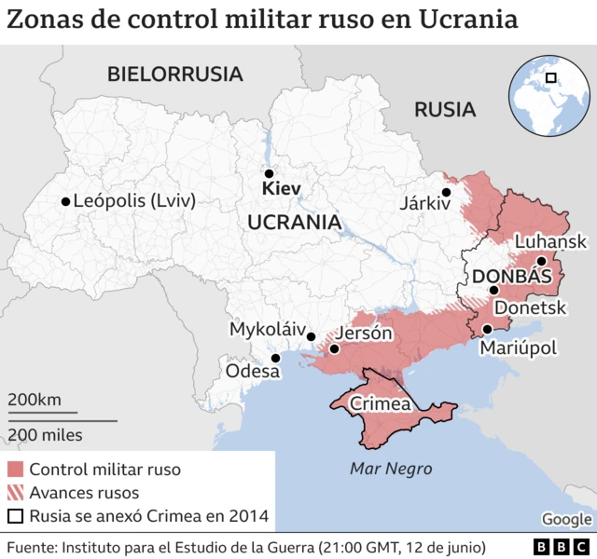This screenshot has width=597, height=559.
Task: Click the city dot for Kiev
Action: pyautogui.click(x=269, y=173)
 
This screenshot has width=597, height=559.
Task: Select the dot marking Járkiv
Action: pyautogui.click(x=447, y=192)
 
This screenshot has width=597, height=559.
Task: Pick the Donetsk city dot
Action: pyautogui.click(x=494, y=291)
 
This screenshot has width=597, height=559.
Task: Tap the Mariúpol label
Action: pyautogui.click(x=518, y=348)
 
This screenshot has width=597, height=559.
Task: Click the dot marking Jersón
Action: pyautogui.click(x=334, y=349)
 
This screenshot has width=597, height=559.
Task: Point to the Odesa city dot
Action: pyautogui.click(x=275, y=358)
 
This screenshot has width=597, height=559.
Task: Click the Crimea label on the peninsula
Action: pyautogui.click(x=381, y=404)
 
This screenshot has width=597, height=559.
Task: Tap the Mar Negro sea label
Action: pyautogui.click(x=391, y=469)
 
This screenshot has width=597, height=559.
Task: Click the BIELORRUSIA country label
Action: pyautogui.click(x=174, y=74)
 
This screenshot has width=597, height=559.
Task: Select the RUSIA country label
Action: pyautogui.click(x=445, y=109)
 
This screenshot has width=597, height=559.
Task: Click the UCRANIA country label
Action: pyautogui.click(x=293, y=222)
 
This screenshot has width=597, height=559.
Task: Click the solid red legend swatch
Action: pyautogui.click(x=15, y=470)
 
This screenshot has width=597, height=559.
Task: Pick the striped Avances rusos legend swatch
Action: pyautogui.click(x=15, y=493)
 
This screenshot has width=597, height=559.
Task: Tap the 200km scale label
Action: pyautogui.click(x=35, y=400)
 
